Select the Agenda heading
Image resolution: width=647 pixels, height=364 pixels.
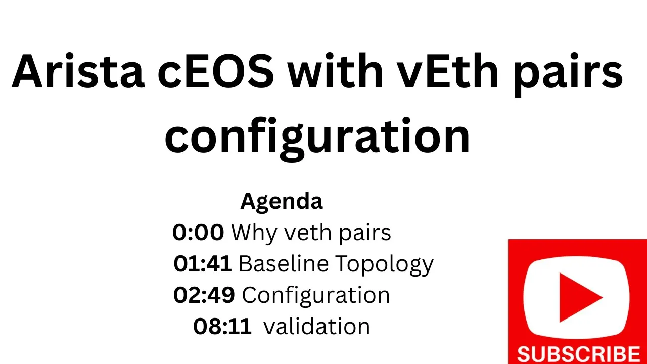tap(281, 201)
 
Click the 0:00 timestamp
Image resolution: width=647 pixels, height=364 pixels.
tap(198, 233)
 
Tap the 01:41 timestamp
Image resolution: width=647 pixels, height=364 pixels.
tap(202, 264)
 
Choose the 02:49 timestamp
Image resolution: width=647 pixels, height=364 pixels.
tap(204, 295)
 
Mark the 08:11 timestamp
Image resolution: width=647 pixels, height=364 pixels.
tap(222, 327)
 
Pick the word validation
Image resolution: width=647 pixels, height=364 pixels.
tap(317, 327)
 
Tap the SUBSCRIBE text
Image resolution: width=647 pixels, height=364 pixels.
tap(578, 354)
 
